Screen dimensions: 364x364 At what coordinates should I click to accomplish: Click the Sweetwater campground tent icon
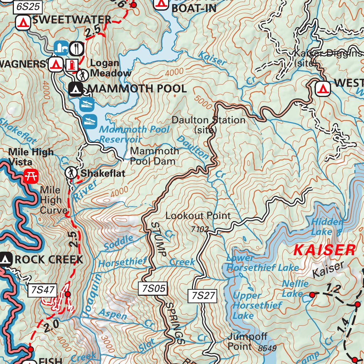click(23, 22)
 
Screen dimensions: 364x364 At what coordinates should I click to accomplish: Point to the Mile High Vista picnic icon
click(31, 175)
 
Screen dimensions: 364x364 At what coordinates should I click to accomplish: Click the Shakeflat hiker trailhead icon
click(71, 173)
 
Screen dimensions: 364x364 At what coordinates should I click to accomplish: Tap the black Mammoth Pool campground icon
click(75, 89)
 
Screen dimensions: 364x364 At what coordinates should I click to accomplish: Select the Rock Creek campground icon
click(5, 259)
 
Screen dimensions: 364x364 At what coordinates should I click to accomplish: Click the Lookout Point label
click(198, 216)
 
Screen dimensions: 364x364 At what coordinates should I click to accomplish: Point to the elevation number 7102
click(199, 229)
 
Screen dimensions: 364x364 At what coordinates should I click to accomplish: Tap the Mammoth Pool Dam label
click(154, 156)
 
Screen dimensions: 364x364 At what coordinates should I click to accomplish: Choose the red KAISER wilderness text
click(325, 250)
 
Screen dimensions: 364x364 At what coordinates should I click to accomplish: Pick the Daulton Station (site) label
click(208, 125)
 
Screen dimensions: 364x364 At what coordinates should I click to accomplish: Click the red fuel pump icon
click(72, 64)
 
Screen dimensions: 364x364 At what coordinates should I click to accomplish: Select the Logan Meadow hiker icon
click(82, 75)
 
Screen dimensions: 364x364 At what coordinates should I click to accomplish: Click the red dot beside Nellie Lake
click(312, 295)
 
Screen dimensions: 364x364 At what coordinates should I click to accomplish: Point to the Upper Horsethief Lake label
click(257, 305)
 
